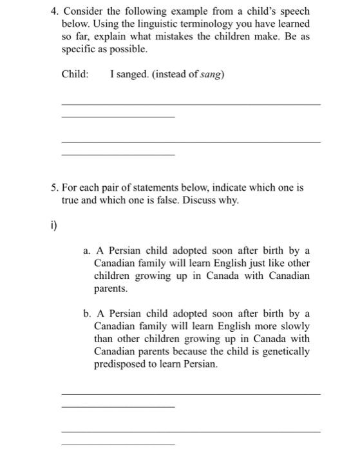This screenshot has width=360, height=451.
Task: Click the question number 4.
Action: pos(54,12)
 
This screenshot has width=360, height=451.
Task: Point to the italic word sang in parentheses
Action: pos(209,74)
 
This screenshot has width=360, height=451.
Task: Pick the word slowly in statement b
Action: pos(296,327)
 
